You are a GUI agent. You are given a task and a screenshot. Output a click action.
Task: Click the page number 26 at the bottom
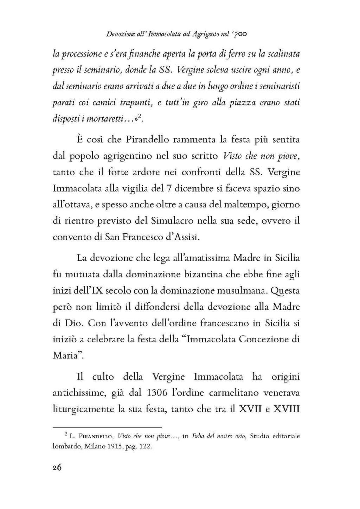click(57, 468)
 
